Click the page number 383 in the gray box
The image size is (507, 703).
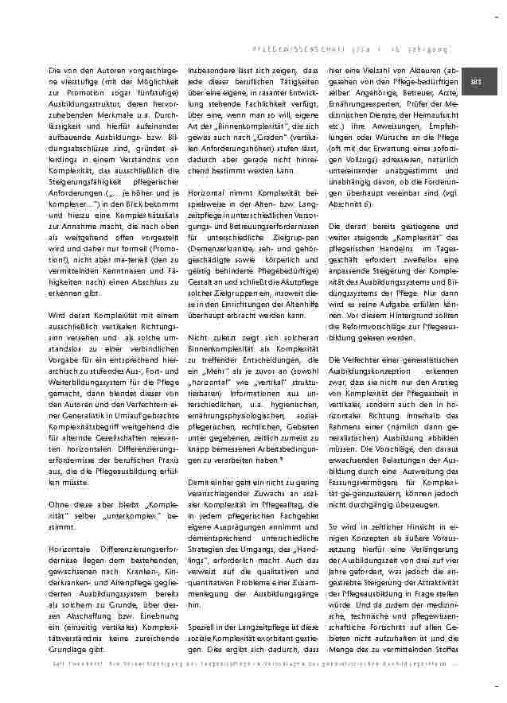(476, 82)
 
